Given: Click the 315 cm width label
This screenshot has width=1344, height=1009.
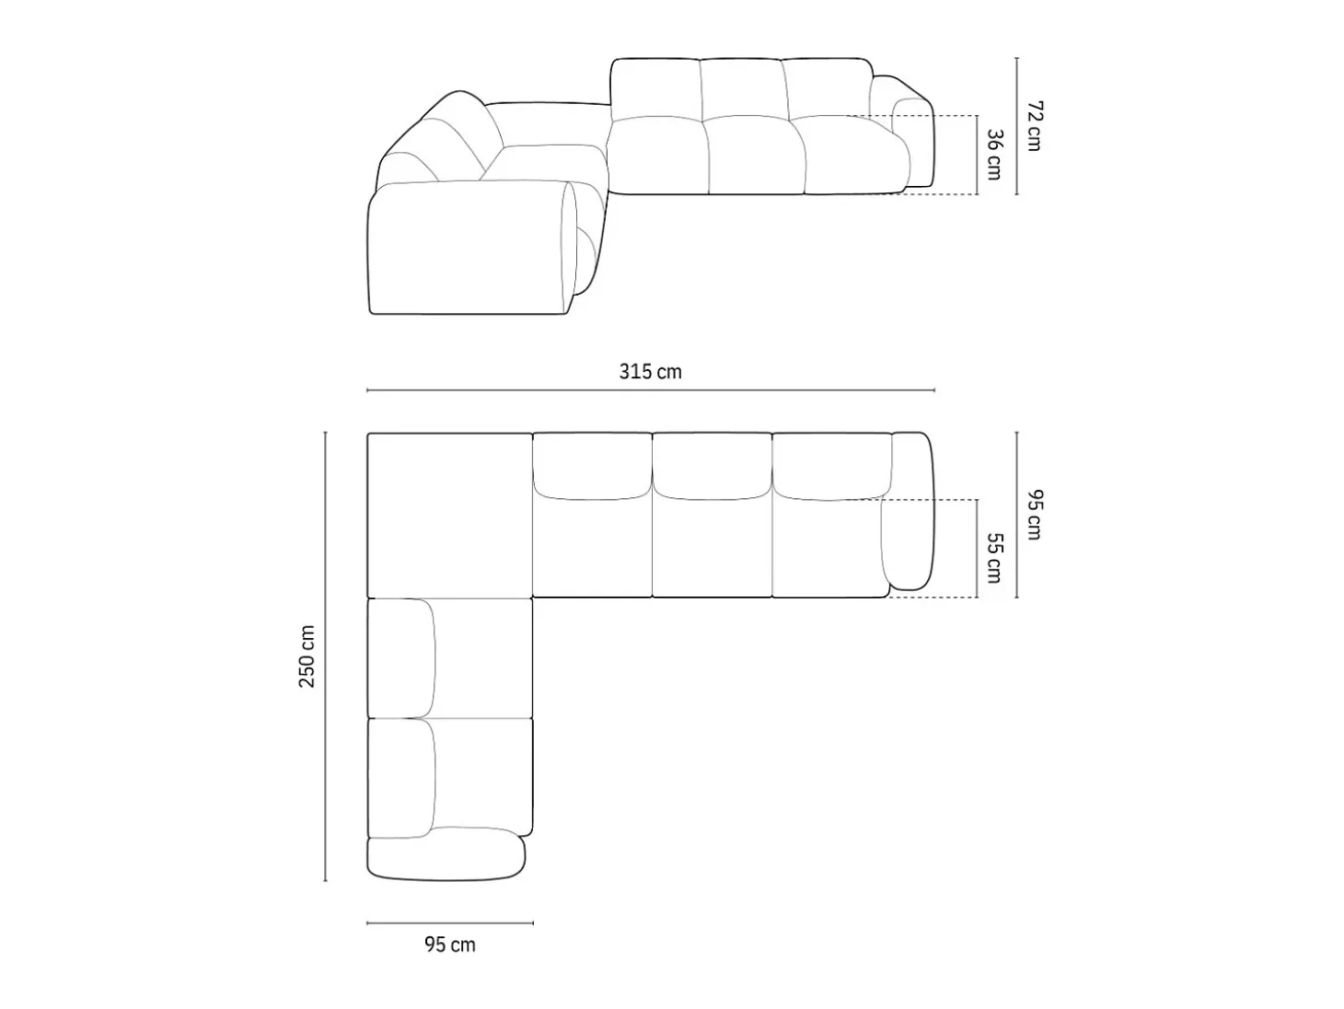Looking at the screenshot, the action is tap(650, 372).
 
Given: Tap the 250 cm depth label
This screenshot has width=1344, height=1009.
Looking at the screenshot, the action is tap(307, 656).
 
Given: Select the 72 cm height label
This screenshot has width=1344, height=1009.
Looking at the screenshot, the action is tap(1034, 125).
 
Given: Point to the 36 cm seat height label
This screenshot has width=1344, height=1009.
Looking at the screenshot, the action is tap(995, 155).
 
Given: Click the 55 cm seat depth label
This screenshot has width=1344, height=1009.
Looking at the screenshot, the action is tap(995, 558).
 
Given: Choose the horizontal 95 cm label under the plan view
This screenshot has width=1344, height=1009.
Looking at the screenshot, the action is tap(449, 945).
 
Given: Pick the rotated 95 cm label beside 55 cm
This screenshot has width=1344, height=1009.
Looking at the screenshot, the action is tap(1034, 515).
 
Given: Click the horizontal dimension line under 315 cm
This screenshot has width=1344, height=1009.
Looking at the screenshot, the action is tap(650, 390).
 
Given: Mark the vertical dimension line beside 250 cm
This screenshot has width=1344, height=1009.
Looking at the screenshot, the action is tap(325, 656).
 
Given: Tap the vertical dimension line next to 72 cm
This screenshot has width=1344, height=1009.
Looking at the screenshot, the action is tap(1017, 126).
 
